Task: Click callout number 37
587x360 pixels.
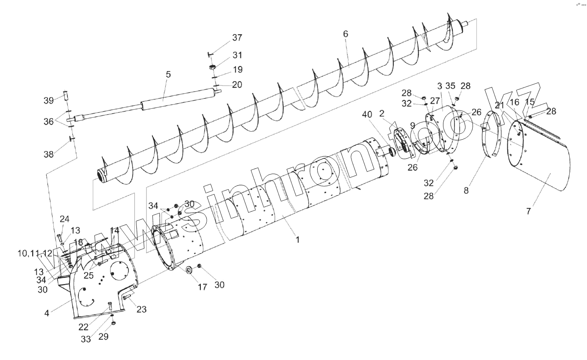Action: click(237, 38)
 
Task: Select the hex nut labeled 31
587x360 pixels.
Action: click(213, 66)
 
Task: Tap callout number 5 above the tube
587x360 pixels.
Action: click(168, 75)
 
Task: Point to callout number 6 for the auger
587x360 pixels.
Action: click(346, 34)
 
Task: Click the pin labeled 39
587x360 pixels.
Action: click(66, 95)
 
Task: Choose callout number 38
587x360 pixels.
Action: click(49, 155)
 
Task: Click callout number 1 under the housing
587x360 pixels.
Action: click(298, 240)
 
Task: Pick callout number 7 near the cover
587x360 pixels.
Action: click(529, 211)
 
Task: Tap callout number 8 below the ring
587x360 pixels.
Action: click(466, 191)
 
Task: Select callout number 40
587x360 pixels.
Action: click(367, 114)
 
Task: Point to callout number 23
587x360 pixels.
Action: click(141, 310)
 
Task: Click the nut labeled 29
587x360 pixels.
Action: click(114, 324)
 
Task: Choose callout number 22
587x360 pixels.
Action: click(83, 327)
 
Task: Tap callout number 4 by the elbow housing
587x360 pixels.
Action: click(47, 313)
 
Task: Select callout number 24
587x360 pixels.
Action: click(64, 219)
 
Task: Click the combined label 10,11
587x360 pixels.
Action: click(28, 253)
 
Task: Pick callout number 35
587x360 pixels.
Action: click(450, 86)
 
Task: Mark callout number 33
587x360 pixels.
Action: click(86, 339)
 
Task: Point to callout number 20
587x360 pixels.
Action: click(237, 85)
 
